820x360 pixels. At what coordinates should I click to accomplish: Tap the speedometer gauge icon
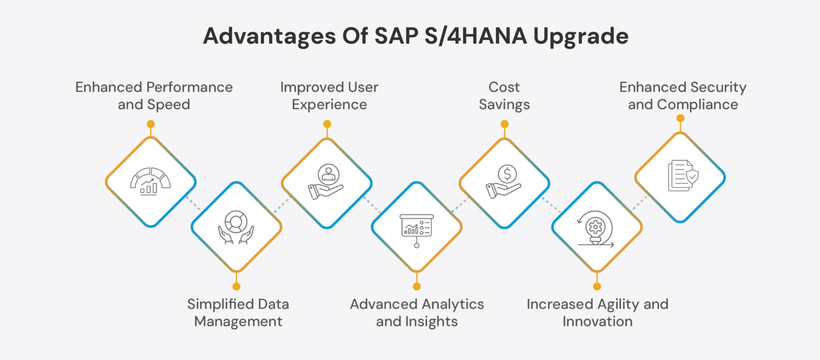tap(151, 182)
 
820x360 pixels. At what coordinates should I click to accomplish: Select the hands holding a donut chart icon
tap(236, 227)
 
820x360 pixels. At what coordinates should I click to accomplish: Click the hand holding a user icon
tap(326, 182)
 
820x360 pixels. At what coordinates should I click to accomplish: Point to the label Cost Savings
tap(504, 96)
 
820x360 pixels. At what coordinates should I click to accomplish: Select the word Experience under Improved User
tap(329, 104)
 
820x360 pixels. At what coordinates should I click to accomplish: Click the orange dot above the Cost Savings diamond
tap(504, 124)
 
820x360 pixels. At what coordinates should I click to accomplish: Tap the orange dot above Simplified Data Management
tap(236, 286)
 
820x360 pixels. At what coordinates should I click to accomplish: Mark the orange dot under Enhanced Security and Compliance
tap(680, 118)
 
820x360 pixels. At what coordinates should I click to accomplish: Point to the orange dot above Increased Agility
tap(597, 286)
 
